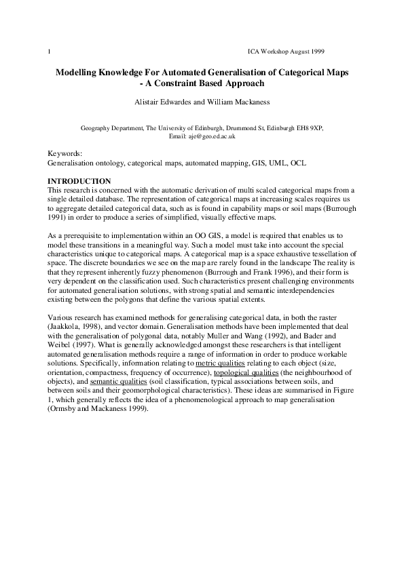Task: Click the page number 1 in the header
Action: (49, 52)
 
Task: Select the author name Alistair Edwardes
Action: (164, 102)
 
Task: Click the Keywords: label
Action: (65, 155)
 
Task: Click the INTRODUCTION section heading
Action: (79, 180)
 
